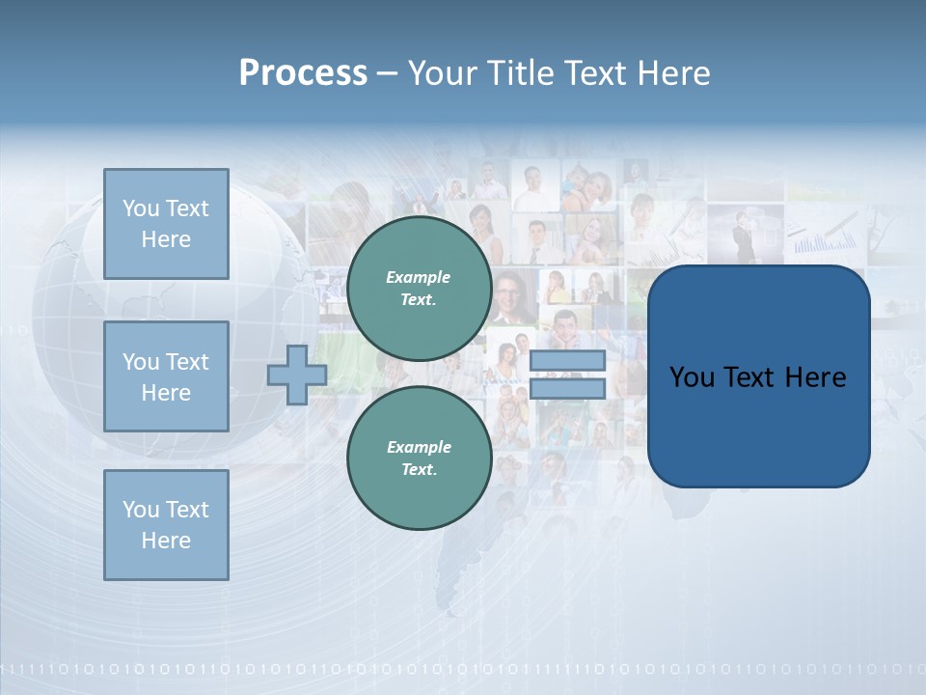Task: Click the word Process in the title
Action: (303, 73)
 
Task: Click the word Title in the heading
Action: (522, 73)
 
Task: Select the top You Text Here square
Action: (166, 224)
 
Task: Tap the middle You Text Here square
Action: (166, 376)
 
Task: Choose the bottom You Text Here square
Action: (166, 525)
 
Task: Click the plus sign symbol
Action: (297, 375)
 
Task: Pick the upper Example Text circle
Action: (419, 289)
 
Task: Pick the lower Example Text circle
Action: (419, 459)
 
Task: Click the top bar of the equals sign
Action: (567, 360)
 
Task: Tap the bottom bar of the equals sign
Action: (567, 389)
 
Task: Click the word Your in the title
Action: (442, 73)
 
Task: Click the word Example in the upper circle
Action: (419, 278)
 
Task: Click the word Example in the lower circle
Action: (419, 448)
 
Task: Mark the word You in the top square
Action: (141, 208)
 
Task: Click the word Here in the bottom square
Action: (166, 541)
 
